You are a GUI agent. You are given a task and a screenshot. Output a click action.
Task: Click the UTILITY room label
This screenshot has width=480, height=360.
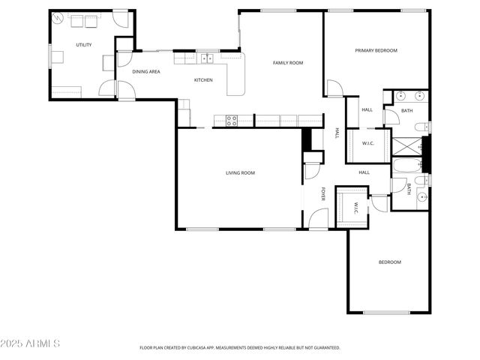(x=84, y=45)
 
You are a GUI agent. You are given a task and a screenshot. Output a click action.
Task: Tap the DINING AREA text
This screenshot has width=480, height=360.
(x=146, y=72)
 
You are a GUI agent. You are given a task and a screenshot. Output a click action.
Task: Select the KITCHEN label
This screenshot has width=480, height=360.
(x=203, y=80)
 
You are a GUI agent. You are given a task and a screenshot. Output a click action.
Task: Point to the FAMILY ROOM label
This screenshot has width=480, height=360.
(x=287, y=63)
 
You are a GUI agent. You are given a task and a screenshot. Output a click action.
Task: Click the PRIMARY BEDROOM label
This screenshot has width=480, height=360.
(x=376, y=50)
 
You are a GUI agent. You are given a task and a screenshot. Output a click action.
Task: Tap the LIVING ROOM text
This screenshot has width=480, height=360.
(x=240, y=173)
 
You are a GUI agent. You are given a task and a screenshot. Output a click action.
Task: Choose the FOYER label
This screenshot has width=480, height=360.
(x=324, y=193)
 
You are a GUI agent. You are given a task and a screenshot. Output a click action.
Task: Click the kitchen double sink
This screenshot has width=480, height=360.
(x=205, y=58)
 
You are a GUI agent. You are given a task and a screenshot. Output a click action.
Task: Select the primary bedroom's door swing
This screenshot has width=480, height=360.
(x=333, y=88)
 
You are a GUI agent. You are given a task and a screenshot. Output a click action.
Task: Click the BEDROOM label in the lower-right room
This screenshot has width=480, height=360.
(x=389, y=262)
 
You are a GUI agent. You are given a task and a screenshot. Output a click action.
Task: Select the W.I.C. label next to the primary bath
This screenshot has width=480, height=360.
(x=367, y=143)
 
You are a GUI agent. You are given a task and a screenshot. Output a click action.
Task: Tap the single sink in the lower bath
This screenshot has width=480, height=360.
(x=422, y=198)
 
